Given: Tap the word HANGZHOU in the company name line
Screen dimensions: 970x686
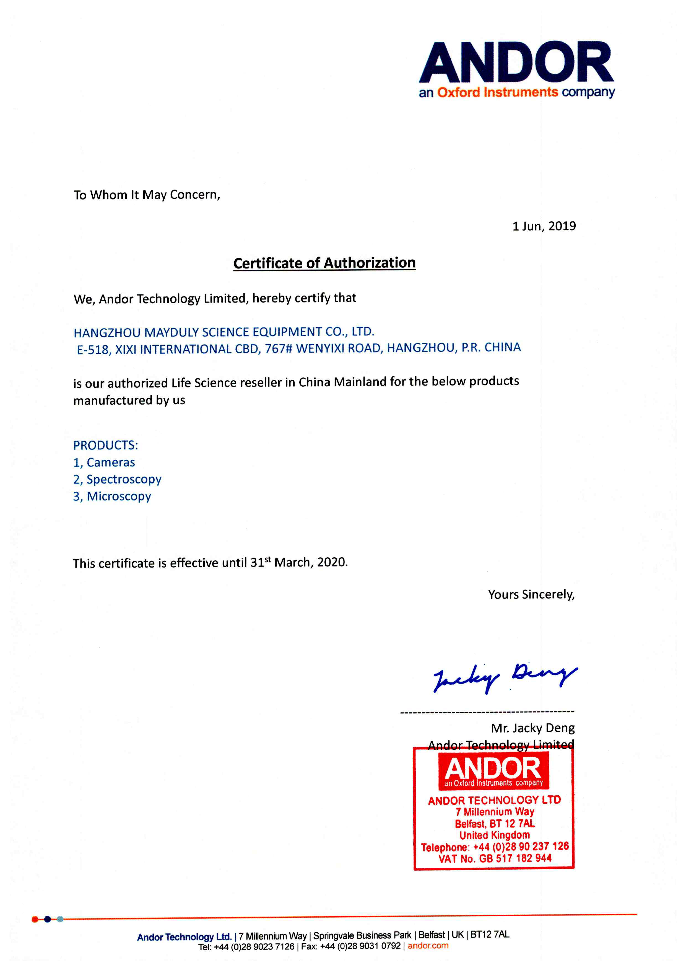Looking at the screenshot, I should pyautogui.click(x=107, y=333).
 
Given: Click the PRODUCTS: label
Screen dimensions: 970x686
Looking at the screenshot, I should pyautogui.click(x=106, y=445).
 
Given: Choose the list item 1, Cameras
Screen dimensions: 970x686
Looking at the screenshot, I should pyautogui.click(x=104, y=462).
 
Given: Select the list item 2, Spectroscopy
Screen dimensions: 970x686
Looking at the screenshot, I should pyautogui.click(x=117, y=479).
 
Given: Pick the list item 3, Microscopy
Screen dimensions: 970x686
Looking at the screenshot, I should pyautogui.click(x=112, y=496).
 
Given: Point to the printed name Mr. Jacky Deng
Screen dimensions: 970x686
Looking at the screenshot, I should pyautogui.click(x=532, y=728).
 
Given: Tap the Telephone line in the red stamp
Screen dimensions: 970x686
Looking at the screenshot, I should pyautogui.click(x=495, y=847).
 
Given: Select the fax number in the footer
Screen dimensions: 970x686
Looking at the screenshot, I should pyautogui.click(x=360, y=946).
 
